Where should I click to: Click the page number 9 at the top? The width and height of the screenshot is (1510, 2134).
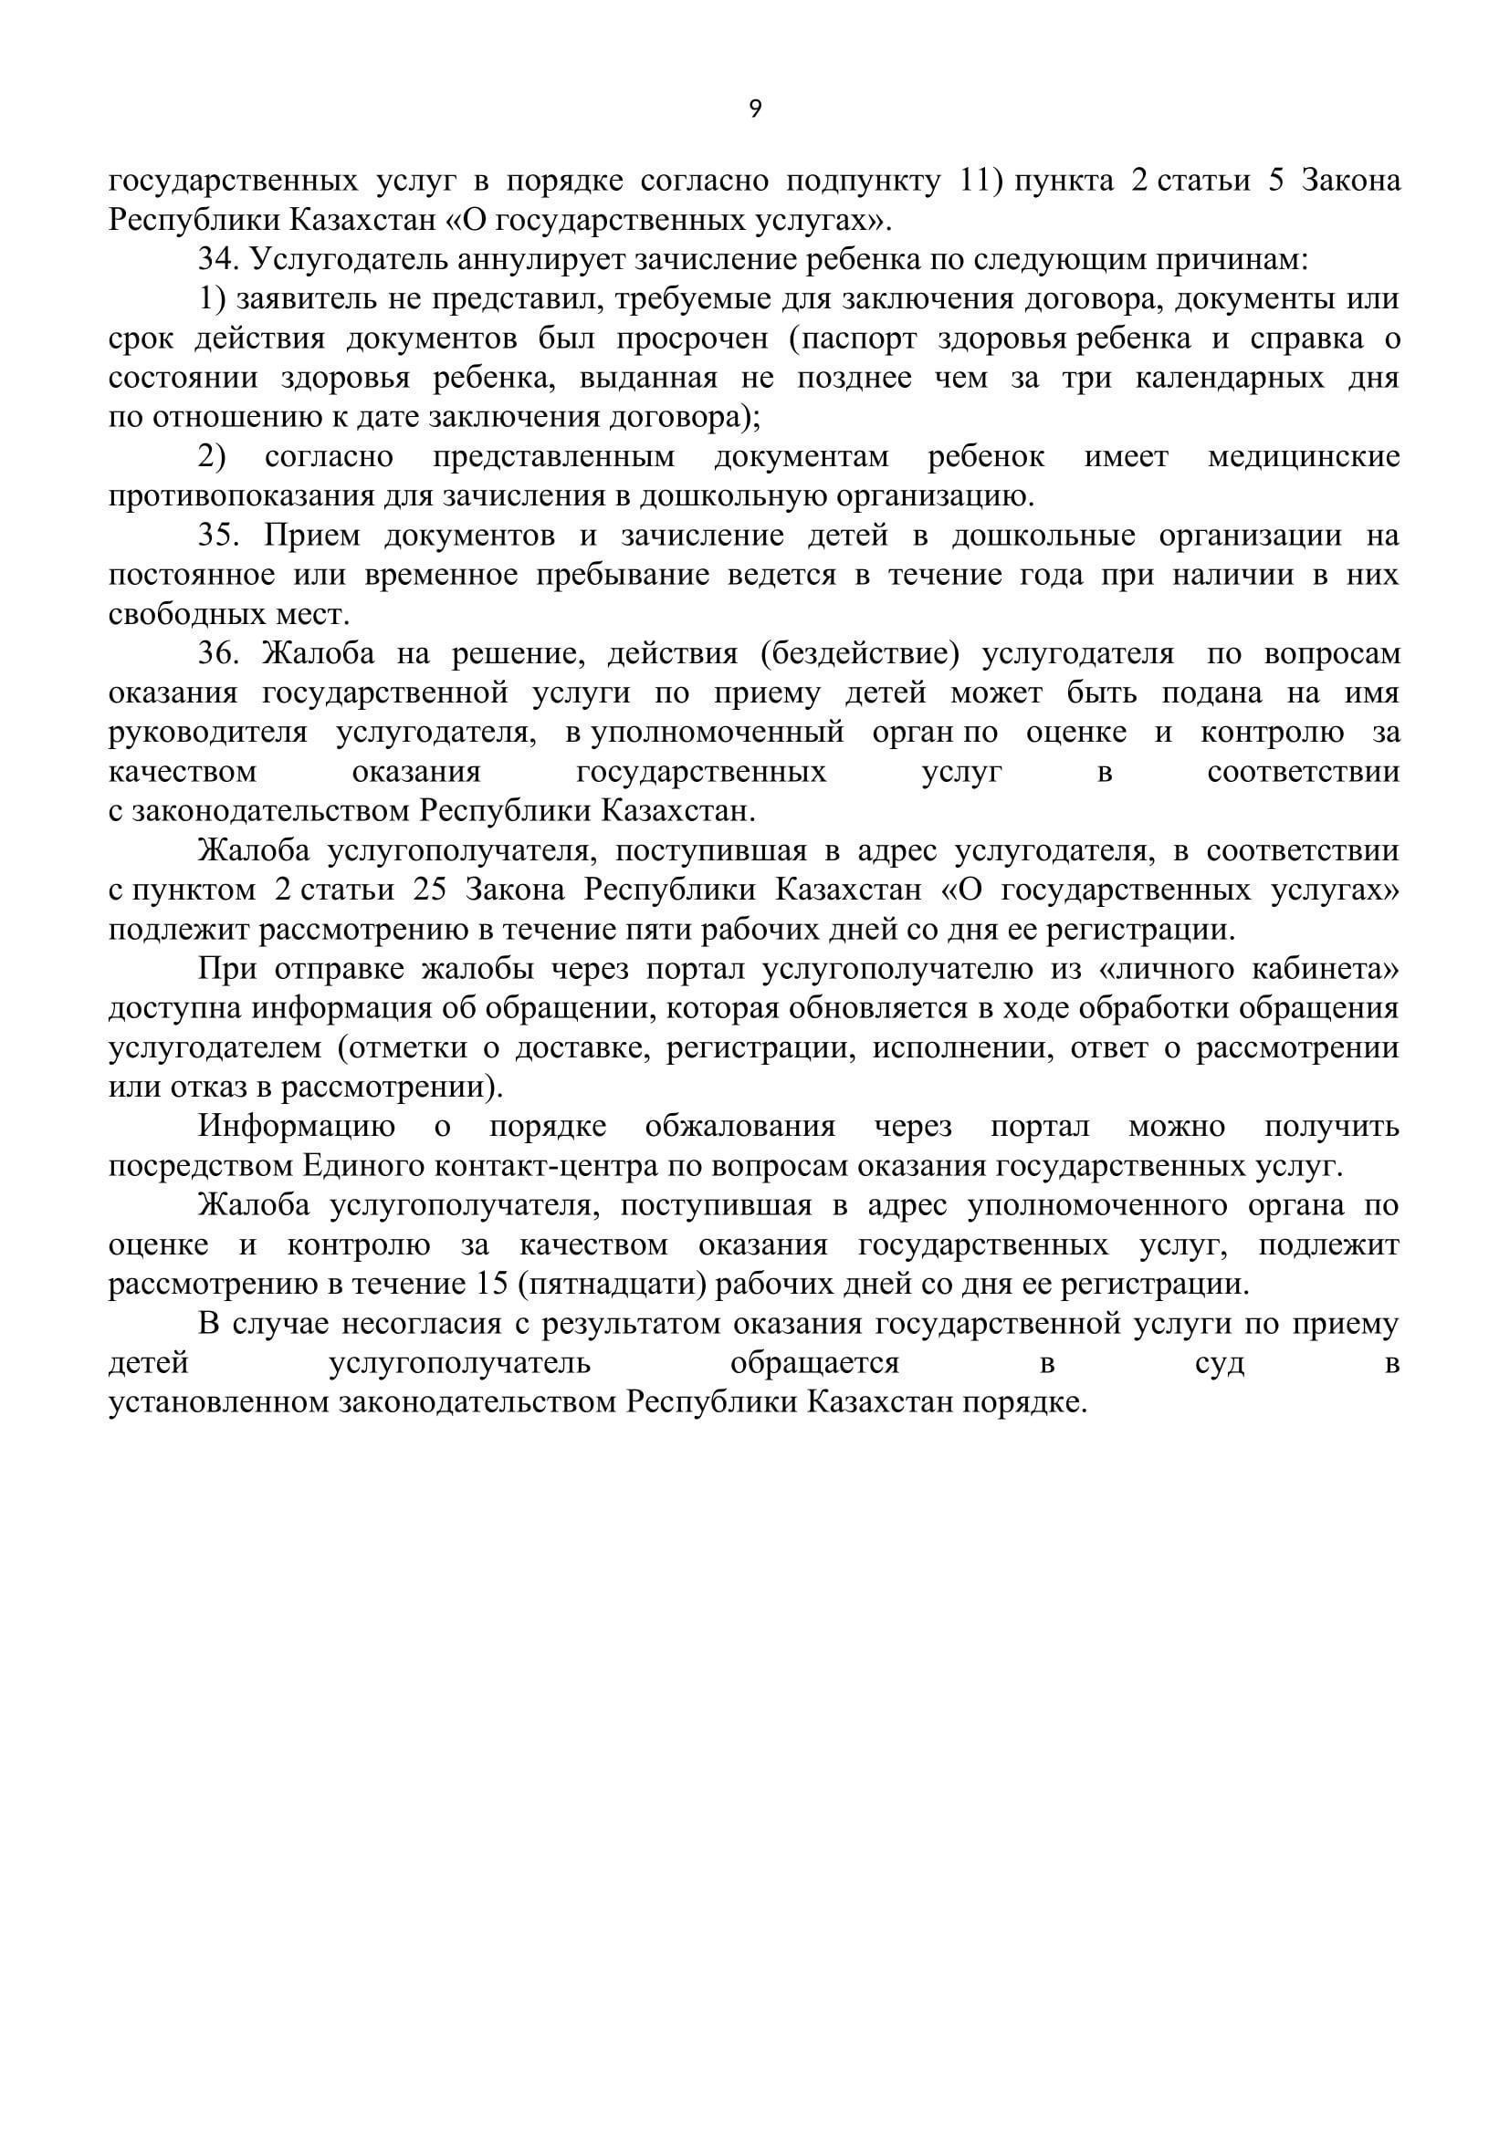(x=754, y=109)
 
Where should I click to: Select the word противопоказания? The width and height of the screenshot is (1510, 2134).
(x=243, y=497)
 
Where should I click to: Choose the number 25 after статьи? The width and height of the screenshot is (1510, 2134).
(x=429, y=890)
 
